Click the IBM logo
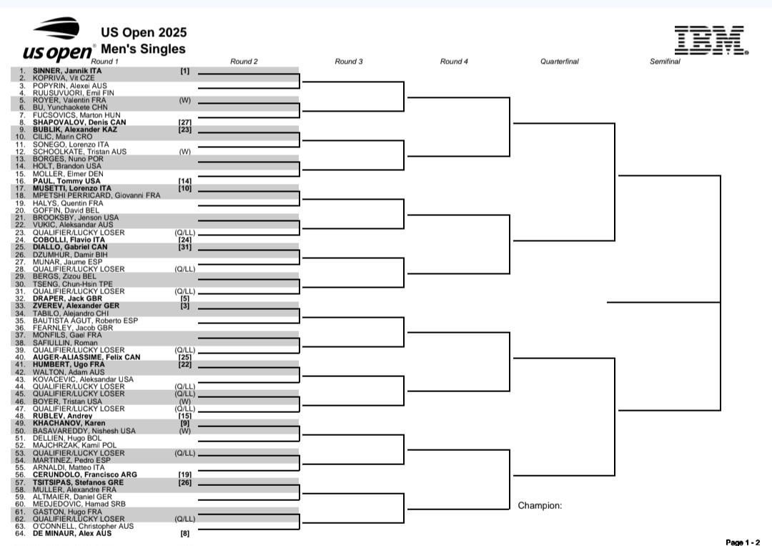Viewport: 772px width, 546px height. pyautogui.click(x=711, y=40)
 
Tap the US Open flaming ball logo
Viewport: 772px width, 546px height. pyautogui.click(x=56, y=28)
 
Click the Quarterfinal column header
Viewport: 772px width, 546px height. pyautogui.click(x=559, y=62)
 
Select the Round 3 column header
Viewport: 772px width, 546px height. pyautogui.click(x=349, y=62)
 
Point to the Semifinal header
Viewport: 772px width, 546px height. pyautogui.click(x=665, y=62)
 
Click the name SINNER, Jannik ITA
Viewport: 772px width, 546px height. pyautogui.click(x=67, y=71)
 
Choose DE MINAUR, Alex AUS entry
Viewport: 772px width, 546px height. pyautogui.click(x=72, y=533)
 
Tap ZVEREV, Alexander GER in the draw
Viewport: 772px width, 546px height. pyautogui.click(x=76, y=306)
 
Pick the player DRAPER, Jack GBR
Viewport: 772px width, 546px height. pyautogui.click(x=67, y=298)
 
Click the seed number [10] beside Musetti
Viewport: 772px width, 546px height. pyautogui.click(x=184, y=188)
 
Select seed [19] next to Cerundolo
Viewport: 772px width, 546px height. pyautogui.click(x=184, y=474)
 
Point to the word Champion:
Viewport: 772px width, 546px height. pyautogui.click(x=540, y=506)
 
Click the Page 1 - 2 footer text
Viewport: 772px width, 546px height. pyautogui.click(x=743, y=542)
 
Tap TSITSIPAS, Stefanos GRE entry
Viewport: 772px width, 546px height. pyautogui.click(x=79, y=482)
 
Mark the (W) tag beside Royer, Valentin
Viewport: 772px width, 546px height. pyautogui.click(x=184, y=100)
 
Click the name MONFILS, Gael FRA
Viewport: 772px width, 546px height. pyautogui.click(x=67, y=335)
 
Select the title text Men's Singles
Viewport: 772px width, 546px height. pyautogui.click(x=143, y=49)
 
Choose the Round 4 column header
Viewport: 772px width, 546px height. pyautogui.click(x=454, y=62)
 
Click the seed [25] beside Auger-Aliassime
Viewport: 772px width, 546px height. pyautogui.click(x=184, y=357)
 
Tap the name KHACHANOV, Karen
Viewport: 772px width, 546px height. pyautogui.click(x=69, y=424)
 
